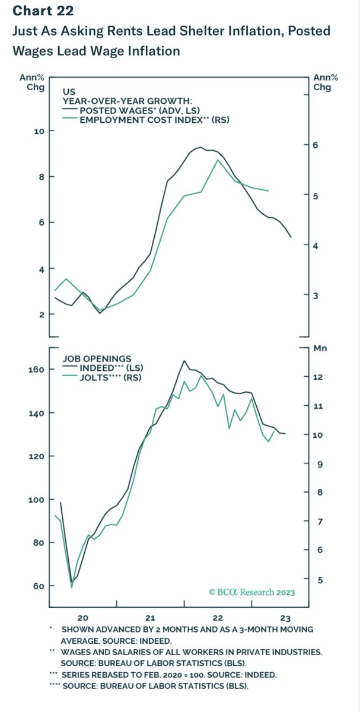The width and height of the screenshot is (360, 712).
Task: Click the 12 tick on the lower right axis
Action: [x=318, y=377]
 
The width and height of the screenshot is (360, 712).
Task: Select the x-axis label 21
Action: [x=151, y=616]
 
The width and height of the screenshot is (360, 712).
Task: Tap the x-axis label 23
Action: [x=285, y=616]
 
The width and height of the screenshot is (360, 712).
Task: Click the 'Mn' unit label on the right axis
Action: [x=320, y=349]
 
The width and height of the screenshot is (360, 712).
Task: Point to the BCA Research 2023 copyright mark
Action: [x=251, y=592]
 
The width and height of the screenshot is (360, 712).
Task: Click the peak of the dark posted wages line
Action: [x=200, y=147]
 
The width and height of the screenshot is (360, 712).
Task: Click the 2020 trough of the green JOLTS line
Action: [x=72, y=587]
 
